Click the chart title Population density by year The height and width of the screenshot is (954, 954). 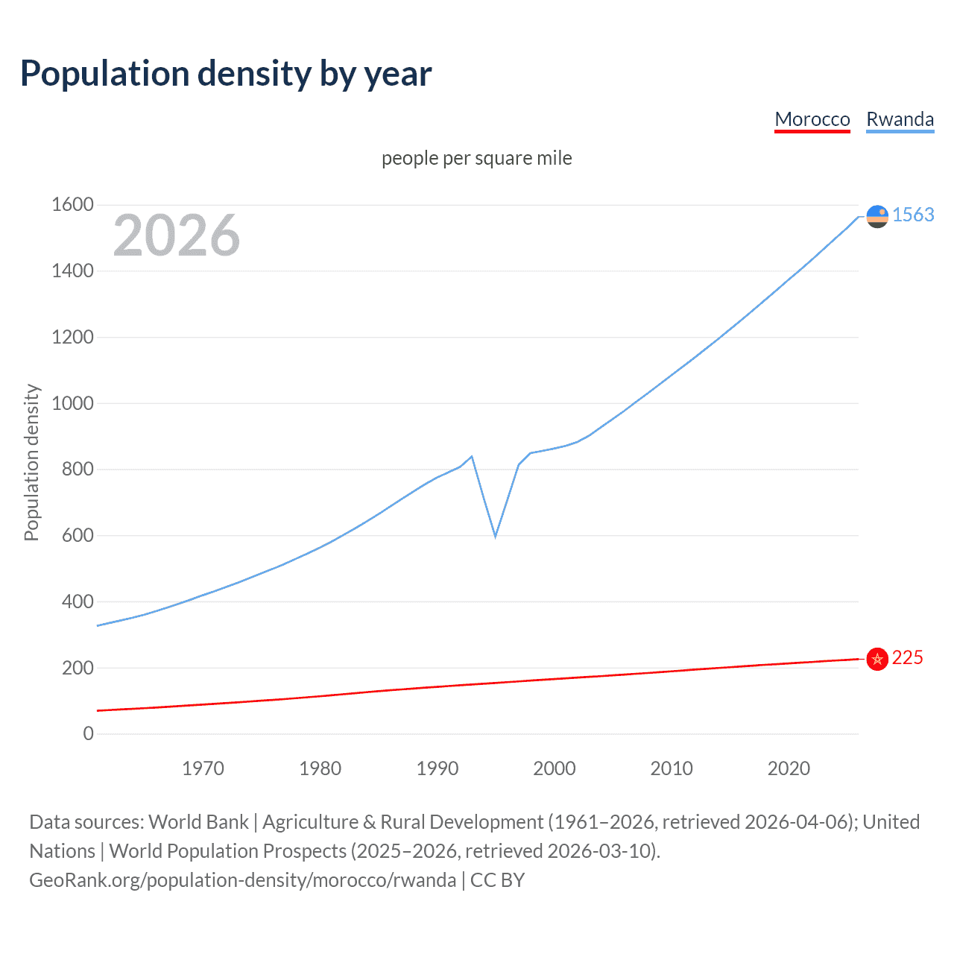coord(226,74)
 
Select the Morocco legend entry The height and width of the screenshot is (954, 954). coord(812,119)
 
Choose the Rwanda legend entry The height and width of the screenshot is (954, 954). coord(900,119)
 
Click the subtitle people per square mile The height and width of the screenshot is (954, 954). coord(477,158)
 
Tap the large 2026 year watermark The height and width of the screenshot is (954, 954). coord(177,236)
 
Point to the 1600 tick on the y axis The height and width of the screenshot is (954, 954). coord(72,204)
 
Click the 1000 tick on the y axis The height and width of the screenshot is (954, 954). coord(72,403)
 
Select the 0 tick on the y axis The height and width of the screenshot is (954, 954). coord(89,733)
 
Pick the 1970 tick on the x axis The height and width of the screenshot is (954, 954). coord(203,768)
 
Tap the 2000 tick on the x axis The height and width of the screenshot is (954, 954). coord(555,768)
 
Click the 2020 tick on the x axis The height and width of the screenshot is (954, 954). coord(789,768)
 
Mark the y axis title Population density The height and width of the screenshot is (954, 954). coord(31,462)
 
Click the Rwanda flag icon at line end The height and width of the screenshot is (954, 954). coord(877,216)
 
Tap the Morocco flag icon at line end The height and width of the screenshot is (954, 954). coord(877,659)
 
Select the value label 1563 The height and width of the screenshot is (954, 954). coord(913,215)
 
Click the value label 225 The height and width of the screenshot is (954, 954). coord(907,657)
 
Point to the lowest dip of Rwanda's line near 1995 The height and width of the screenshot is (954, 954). coord(495,536)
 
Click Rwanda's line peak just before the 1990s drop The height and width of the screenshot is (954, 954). coord(472,456)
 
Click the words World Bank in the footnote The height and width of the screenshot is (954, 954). coord(198,821)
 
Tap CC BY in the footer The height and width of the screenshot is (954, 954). coord(497,880)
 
